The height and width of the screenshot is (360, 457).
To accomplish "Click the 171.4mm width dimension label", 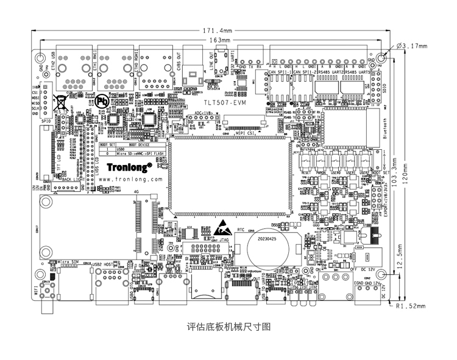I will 217,30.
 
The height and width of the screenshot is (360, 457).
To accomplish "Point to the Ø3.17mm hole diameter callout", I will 412,45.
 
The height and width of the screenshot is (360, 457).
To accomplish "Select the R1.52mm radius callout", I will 411,306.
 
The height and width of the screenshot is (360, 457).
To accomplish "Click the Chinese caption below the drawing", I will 228,326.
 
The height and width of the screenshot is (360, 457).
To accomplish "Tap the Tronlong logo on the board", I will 130,164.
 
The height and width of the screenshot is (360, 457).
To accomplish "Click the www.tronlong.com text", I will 130,180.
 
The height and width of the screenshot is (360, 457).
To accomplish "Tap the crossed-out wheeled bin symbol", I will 62,101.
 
